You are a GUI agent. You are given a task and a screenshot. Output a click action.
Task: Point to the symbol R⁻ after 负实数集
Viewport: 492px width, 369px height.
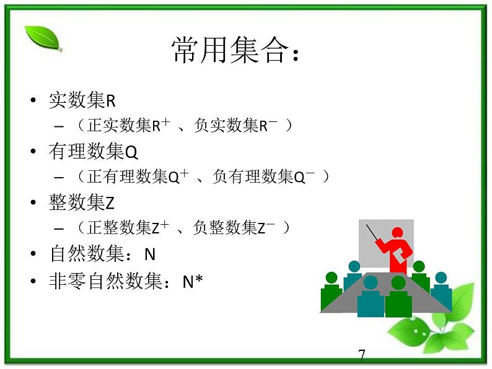coord(268,126)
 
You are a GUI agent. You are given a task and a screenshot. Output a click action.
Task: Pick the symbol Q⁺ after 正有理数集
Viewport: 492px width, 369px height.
coord(179,176)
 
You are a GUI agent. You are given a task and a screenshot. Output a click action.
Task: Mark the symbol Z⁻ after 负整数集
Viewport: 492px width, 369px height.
coord(266,228)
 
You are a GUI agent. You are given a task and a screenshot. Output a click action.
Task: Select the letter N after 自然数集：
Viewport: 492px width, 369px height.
coord(149,254)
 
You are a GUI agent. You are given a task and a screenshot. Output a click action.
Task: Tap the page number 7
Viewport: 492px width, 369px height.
coord(362,355)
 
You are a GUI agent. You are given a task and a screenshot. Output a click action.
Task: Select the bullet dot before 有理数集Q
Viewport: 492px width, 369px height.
coord(33,152)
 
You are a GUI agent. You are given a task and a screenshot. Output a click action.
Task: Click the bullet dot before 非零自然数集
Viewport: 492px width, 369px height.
coord(33,282)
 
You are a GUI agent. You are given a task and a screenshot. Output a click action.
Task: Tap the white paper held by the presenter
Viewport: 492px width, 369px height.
coord(404,253)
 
